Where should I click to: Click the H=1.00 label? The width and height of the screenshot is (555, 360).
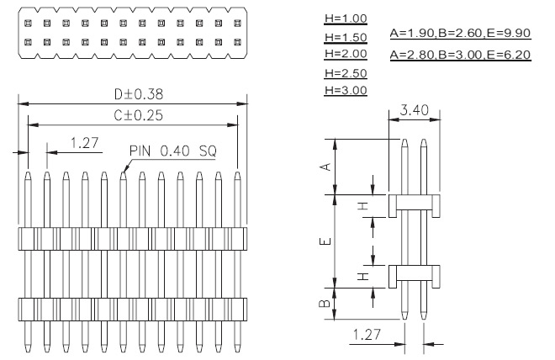tap(346, 19)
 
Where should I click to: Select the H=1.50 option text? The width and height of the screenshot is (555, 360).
tap(346, 37)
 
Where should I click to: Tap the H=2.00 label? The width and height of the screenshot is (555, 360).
tap(346, 54)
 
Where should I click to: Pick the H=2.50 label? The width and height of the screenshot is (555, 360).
tap(346, 73)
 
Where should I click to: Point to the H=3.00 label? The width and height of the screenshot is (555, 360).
tap(346, 90)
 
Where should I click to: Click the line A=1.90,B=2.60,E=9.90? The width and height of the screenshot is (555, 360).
tap(460, 33)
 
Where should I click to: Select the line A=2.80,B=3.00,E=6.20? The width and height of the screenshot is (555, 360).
tap(460, 55)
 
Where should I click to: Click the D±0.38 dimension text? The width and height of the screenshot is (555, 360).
tap(139, 94)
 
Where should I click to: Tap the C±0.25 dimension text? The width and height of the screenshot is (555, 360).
tap(139, 115)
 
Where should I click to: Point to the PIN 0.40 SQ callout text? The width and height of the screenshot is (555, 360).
tap(172, 151)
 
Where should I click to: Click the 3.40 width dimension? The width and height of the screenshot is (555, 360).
tap(414, 110)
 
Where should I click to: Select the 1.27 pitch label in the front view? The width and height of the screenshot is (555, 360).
tap(84, 143)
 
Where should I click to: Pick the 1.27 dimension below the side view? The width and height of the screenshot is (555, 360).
tap(367, 334)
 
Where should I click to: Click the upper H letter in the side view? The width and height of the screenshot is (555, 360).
tap(363, 206)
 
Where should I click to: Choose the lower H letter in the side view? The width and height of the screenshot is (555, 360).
tap(363, 277)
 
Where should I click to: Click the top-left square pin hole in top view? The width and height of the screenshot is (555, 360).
tap(28, 24)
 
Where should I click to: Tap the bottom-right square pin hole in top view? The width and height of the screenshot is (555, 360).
tap(237, 42)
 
